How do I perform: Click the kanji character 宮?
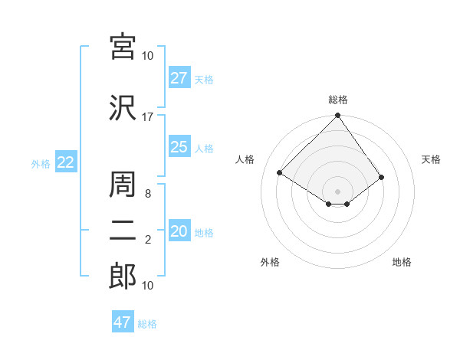click(123, 47)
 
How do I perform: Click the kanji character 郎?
click(123, 277)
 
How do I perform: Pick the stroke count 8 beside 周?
click(147, 194)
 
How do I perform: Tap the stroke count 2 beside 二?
click(147, 241)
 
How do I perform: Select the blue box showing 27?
click(179, 78)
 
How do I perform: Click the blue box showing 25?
click(179, 147)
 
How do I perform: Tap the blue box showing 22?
click(66, 162)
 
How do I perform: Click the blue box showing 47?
click(123, 322)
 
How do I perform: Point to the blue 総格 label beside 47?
click(147, 324)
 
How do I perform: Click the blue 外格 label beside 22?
click(41, 163)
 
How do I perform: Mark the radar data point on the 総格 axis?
click(337, 116)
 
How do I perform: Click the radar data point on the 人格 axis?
click(280, 172)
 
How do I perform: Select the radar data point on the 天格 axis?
click(381, 177)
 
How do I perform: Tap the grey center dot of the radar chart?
click(337, 191)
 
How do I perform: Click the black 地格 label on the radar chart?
click(402, 263)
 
